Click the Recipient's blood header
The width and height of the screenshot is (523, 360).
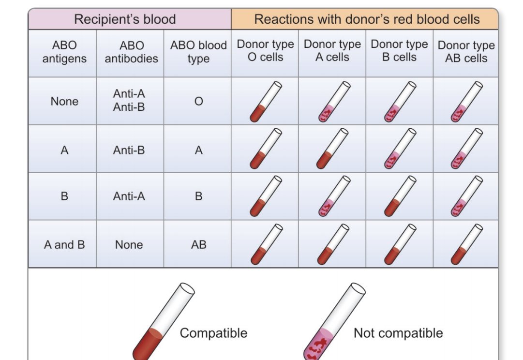(x=125, y=20)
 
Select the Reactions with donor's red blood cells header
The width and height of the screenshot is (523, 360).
(x=367, y=20)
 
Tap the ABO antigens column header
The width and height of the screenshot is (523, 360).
(x=64, y=52)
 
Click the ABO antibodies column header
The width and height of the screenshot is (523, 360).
(x=131, y=52)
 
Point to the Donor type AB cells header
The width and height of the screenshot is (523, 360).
(x=466, y=52)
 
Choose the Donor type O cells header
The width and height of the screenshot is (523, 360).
(x=265, y=51)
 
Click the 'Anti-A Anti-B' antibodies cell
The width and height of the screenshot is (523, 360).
(x=129, y=101)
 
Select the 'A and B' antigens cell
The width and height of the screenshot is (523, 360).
(x=64, y=245)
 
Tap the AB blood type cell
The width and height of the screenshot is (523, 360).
(x=198, y=245)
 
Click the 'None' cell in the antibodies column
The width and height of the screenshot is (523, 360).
(x=129, y=245)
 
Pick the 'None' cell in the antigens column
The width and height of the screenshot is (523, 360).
(x=64, y=102)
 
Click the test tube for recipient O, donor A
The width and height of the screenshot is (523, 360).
(x=333, y=102)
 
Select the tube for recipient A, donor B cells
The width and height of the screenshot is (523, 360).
(x=400, y=149)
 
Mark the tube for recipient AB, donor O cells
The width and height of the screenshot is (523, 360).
(x=265, y=244)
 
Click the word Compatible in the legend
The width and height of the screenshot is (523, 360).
(x=213, y=333)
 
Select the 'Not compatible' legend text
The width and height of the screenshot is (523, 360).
(x=398, y=333)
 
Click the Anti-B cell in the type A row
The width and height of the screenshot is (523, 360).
(x=129, y=150)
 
